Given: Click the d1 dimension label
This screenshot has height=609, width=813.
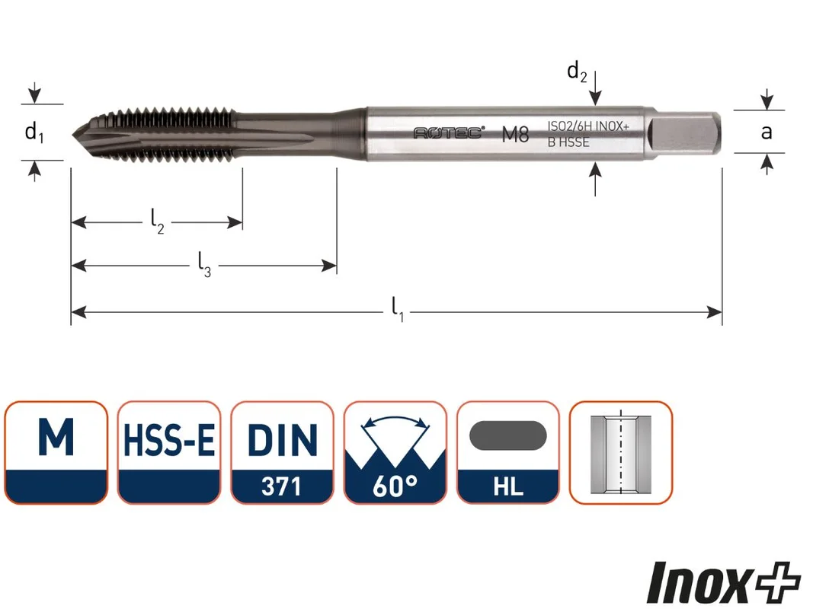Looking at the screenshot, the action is click(x=34, y=132).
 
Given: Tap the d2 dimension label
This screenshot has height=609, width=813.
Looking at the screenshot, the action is click(x=577, y=72).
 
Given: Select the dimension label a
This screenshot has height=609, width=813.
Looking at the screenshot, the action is click(x=767, y=132).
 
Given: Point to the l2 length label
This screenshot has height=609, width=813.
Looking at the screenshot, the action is click(x=157, y=221).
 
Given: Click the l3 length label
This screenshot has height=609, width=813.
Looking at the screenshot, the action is click(x=204, y=264).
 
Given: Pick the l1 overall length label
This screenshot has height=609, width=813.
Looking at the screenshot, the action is click(x=397, y=309).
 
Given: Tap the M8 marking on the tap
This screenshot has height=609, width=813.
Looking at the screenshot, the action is click(x=515, y=135).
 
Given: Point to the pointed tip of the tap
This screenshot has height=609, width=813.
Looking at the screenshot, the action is click(x=73, y=136).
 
